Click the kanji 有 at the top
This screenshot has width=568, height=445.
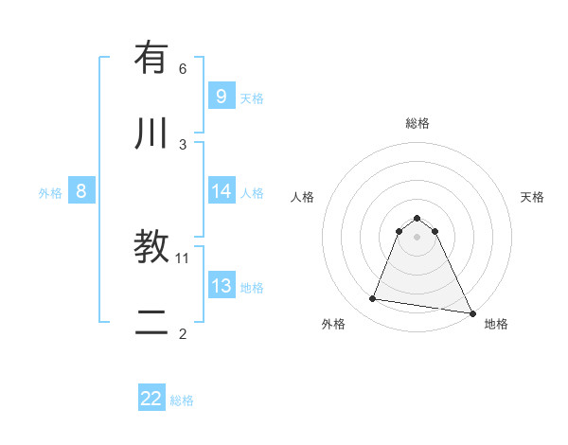(151, 58)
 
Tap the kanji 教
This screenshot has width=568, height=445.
(151, 247)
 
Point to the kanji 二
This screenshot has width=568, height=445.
(151, 323)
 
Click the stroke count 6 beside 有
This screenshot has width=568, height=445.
(183, 68)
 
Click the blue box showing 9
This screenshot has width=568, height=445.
(221, 97)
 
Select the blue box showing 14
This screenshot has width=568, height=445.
(221, 191)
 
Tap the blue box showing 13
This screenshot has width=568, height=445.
(221, 286)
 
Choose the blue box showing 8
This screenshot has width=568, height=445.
(81, 191)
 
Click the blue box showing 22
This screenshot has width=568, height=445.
(151, 399)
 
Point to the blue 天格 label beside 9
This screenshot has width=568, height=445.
(252, 98)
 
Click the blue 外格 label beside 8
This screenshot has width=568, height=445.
(50, 193)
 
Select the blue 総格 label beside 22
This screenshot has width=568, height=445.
(182, 400)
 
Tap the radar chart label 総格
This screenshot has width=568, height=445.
(417, 123)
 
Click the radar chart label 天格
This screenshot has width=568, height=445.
(533, 197)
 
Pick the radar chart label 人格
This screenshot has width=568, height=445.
(303, 197)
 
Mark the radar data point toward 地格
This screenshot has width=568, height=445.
(470, 311)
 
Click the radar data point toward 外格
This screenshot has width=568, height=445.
(373, 299)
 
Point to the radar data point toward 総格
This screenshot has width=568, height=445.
(417, 217)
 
